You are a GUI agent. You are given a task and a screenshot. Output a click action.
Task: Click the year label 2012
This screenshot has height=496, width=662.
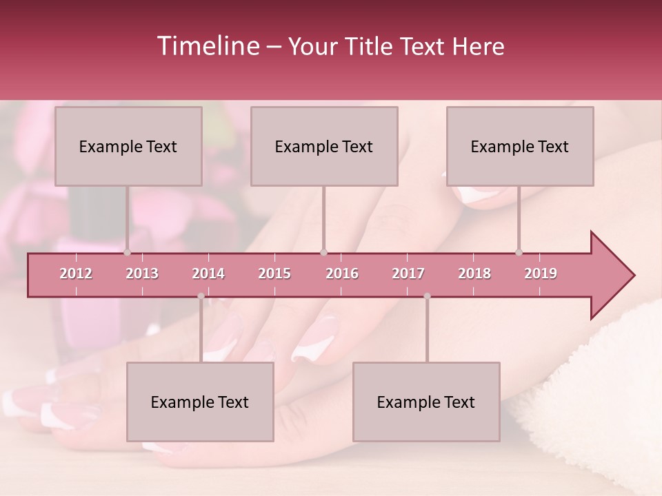(x=76, y=273)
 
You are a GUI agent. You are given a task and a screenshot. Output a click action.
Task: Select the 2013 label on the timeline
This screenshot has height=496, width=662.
(x=142, y=273)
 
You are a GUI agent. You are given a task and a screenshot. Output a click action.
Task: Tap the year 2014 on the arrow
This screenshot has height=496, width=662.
(x=208, y=273)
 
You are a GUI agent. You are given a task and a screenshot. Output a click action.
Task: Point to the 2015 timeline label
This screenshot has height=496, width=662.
(x=274, y=273)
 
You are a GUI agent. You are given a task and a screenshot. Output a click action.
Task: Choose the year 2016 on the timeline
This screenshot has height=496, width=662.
(x=342, y=273)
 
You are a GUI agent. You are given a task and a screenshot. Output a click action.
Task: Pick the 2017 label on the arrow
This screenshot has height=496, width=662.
(x=408, y=273)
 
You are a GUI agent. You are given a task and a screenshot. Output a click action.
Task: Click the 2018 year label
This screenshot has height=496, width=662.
(x=474, y=273)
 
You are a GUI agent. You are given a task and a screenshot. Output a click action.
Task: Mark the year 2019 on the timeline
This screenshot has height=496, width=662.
(x=541, y=273)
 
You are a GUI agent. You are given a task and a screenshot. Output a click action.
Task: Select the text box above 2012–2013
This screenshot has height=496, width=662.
(x=128, y=146)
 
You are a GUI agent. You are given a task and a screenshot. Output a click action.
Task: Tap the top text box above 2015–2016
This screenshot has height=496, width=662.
(x=324, y=146)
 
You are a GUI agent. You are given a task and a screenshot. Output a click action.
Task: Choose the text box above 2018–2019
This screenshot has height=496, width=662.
(x=520, y=146)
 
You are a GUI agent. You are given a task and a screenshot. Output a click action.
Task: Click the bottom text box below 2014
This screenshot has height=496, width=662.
(x=200, y=402)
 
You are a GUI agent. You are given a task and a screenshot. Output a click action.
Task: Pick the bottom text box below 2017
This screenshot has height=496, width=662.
(x=426, y=402)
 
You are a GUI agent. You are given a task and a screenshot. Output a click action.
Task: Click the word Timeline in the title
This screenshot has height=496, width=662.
(x=207, y=46)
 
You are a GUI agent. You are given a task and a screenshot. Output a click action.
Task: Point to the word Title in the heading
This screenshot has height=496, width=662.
(x=374, y=46)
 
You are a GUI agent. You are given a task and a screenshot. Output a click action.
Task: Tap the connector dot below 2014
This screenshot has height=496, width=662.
(x=201, y=296)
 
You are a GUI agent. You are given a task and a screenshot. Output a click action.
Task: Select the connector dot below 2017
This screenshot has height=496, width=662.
(x=427, y=296)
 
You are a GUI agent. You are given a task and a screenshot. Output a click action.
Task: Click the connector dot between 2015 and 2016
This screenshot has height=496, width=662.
(x=323, y=252)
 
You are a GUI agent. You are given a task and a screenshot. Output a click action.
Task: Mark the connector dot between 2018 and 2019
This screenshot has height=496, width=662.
(x=519, y=252)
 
